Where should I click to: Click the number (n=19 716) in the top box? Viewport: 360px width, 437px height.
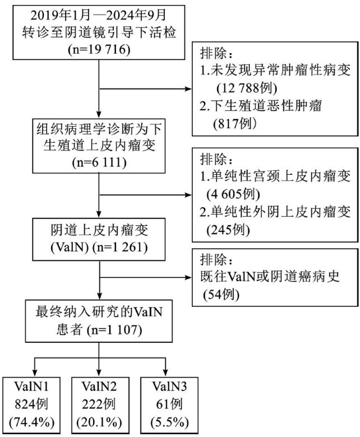[98, 49]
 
